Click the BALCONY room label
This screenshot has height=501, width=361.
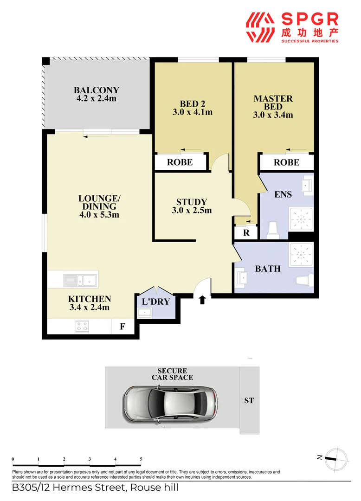96,90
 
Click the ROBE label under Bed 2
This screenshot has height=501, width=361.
180,163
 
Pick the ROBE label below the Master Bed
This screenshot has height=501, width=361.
286,163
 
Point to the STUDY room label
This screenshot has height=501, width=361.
191,202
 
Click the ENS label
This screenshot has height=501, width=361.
283,194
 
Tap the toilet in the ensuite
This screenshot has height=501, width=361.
273,230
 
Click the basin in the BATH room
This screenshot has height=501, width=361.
242,278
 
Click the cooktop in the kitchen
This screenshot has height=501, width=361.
82,327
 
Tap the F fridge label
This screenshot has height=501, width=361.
122,327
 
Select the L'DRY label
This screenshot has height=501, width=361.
155,302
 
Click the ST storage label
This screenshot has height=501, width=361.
249,400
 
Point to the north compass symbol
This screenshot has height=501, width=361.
334,457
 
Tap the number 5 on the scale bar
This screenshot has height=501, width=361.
141,459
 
